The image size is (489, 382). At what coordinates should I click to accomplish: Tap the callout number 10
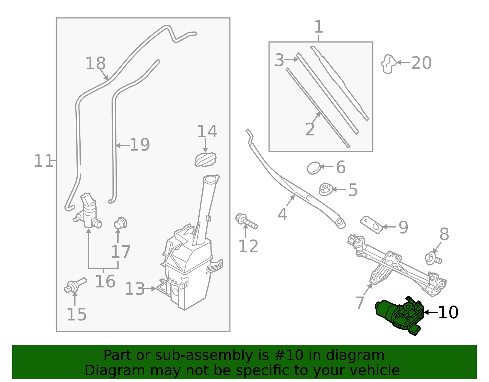click(448, 313)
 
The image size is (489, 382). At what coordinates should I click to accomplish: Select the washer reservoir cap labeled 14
click(205, 160)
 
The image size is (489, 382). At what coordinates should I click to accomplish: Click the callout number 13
click(134, 289)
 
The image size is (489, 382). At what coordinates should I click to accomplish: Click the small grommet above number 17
click(120, 223)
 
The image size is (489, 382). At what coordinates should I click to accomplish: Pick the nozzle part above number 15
click(75, 285)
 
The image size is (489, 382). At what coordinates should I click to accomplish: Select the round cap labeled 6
click(314, 168)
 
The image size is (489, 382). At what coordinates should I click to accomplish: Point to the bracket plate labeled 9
click(372, 225)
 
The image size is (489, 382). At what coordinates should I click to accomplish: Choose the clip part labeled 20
click(388, 64)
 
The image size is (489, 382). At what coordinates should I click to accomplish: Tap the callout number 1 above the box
click(318, 27)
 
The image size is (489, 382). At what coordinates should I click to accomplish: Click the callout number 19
click(140, 145)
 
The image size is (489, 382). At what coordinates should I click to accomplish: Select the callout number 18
click(95, 64)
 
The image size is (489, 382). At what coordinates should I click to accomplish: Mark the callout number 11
click(43, 161)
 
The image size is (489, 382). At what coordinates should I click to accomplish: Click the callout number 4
click(282, 214)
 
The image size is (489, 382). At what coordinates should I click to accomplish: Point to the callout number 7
click(360, 303)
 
